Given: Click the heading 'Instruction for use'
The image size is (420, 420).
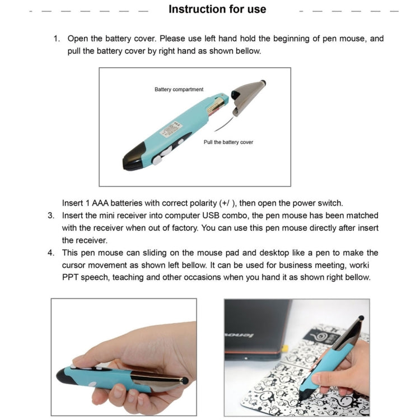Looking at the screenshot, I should [x=217, y=10].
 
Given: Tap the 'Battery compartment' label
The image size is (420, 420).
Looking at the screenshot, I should [x=179, y=90].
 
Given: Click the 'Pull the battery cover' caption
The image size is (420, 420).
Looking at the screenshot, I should [x=228, y=142].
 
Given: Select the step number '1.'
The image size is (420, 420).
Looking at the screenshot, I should [x=57, y=39].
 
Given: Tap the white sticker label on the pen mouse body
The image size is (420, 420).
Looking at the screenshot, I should [x=172, y=130].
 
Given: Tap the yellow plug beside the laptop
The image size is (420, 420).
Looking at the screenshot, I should [x=284, y=348].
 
